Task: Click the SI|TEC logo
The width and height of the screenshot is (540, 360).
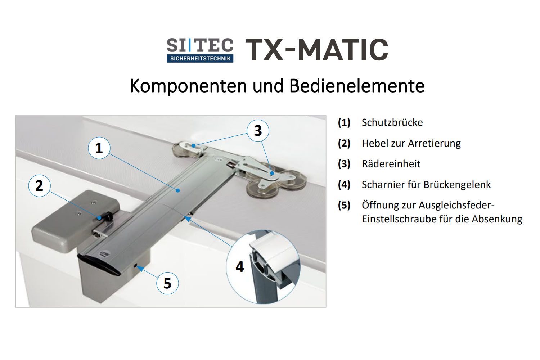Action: click(200, 50)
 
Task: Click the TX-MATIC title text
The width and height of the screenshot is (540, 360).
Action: click(317, 50)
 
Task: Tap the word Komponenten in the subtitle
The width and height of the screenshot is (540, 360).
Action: click(188, 86)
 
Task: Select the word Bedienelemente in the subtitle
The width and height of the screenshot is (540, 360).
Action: click(357, 86)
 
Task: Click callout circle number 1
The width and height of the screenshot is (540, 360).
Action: click(99, 148)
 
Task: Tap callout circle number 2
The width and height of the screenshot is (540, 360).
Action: click(39, 186)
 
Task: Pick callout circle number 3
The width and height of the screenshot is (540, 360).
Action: click(258, 131)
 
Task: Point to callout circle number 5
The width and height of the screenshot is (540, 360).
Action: click(167, 283)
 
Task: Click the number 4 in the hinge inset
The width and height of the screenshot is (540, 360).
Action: click(240, 267)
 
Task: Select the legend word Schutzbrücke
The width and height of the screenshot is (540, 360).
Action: click(392, 122)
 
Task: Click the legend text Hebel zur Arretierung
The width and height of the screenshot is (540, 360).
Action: click(411, 143)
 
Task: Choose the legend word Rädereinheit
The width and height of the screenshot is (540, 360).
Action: click(391, 164)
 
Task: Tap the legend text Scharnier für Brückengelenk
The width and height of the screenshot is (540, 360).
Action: click(426, 185)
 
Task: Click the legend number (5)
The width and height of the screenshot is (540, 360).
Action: click(344, 206)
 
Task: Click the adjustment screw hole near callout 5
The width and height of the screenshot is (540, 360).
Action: click(135, 266)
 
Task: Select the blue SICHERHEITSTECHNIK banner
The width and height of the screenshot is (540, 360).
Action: click(200, 58)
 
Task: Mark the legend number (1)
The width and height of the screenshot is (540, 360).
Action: click(344, 123)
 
